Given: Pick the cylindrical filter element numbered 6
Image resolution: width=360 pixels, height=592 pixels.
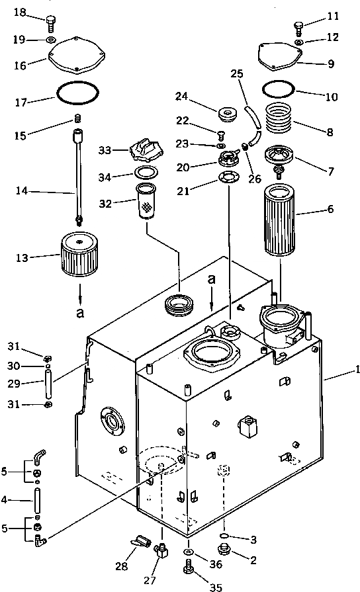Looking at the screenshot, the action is tap(280, 220).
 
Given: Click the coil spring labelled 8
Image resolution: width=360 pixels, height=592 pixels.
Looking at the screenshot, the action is tap(279, 118).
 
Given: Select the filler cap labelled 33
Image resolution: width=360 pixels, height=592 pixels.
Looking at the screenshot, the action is tap(146, 151).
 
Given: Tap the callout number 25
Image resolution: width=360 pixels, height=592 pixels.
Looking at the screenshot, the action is tap(237, 73).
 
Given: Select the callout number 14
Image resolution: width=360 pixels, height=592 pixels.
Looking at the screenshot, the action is tap(22, 191).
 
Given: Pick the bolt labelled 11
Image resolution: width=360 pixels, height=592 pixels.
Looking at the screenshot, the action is tap(298, 28).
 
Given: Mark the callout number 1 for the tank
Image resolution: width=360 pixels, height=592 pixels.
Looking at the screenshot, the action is tap(357, 370).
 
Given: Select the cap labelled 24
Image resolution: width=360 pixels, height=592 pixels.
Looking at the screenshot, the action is tap(228, 114).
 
